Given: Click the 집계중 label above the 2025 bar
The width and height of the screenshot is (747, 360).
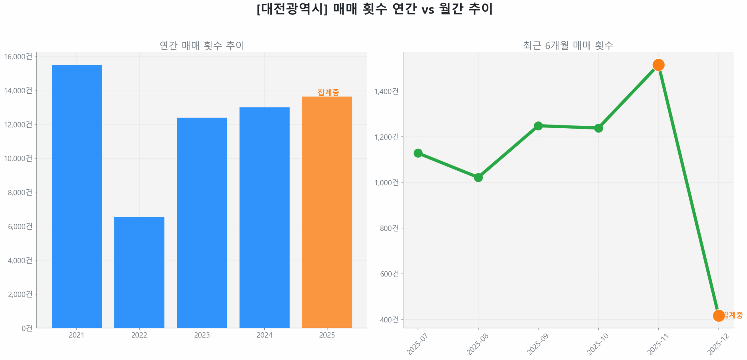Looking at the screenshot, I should [328, 92].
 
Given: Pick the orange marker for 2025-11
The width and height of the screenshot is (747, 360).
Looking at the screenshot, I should [658, 64].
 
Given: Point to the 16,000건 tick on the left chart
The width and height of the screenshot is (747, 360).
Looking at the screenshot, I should [18, 56].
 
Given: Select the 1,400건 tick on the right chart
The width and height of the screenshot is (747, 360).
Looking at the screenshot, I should [386, 91].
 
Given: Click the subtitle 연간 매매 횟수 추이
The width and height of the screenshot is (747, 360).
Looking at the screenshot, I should [202, 45].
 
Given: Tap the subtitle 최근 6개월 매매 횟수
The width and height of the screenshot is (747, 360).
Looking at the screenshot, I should [568, 45].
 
